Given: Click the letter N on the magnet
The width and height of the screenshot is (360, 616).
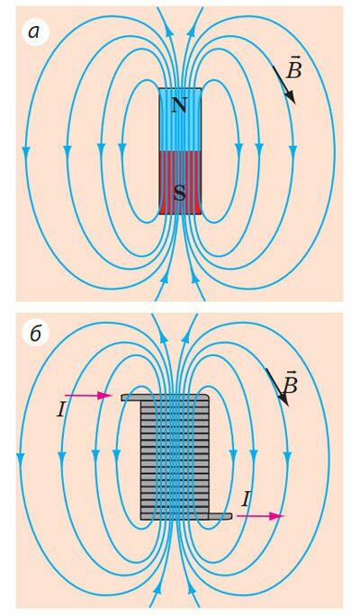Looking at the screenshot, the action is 179,105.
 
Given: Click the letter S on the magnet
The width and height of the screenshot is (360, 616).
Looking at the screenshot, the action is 180,192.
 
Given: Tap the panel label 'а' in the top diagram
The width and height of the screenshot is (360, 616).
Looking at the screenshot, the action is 34,32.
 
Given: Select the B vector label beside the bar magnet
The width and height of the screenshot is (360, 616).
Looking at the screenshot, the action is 294,68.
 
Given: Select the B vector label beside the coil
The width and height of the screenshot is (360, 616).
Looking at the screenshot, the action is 291,383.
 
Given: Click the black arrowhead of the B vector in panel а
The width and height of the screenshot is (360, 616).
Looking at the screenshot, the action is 291,96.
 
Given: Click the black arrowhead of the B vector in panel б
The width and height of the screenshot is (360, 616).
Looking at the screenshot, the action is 283,398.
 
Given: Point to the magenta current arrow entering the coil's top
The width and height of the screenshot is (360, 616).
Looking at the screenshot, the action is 89,396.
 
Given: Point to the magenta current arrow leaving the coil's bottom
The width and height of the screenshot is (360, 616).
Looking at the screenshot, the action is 260,516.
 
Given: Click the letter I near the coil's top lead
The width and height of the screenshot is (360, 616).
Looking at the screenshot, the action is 61,411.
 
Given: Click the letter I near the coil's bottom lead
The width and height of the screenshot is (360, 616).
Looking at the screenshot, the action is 245,499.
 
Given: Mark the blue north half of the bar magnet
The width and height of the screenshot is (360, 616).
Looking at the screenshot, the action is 180,120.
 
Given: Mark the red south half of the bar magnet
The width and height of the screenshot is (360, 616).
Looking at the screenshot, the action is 180,183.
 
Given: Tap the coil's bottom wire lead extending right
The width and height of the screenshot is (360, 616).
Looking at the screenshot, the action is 220,516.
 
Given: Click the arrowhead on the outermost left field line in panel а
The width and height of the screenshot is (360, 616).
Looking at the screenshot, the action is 26,151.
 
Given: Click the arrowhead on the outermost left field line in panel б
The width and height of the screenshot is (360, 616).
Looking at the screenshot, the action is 21,458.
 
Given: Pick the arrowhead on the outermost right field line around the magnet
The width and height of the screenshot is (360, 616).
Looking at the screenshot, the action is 292,149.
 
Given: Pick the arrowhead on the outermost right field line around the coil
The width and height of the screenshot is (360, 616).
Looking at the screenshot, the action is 287,456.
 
